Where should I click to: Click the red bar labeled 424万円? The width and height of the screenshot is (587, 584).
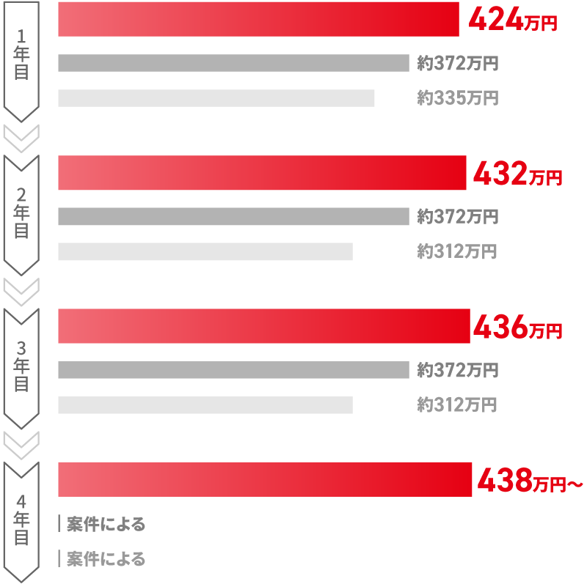pyautogui.click(x=258, y=19)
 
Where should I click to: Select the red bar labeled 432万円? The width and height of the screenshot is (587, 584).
pyautogui.click(x=262, y=173)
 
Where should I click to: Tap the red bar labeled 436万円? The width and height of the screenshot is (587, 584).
pyautogui.click(x=263, y=326)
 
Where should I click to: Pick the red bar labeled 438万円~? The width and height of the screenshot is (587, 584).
pyautogui.click(x=265, y=479)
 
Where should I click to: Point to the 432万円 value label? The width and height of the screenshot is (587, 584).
pyautogui.click(x=517, y=175)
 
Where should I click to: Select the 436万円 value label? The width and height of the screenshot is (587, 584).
pyautogui.click(x=517, y=328)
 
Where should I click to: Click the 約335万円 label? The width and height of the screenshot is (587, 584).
pyautogui.click(x=458, y=98)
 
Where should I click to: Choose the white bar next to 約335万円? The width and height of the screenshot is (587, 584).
pyautogui.click(x=216, y=98)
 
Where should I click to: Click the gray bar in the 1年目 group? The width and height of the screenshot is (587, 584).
pyautogui.click(x=233, y=63)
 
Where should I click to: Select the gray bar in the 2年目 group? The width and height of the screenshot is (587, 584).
pyautogui.click(x=233, y=216)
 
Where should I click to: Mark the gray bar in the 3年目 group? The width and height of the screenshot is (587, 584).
pyautogui.click(x=233, y=370)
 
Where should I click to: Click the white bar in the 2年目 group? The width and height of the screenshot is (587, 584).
pyautogui.click(x=205, y=251)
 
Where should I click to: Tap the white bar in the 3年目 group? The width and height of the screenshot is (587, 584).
pyautogui.click(x=205, y=405)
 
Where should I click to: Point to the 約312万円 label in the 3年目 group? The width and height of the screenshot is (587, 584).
pyautogui.click(x=457, y=404)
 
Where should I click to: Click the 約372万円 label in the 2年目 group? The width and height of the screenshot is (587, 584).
pyautogui.click(x=458, y=216)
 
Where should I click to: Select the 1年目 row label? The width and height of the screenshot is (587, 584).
pyautogui.click(x=21, y=57)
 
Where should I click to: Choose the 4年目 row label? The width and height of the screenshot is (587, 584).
pyautogui.click(x=21, y=519)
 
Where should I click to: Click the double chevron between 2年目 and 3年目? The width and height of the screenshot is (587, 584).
pyautogui.click(x=21, y=290)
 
